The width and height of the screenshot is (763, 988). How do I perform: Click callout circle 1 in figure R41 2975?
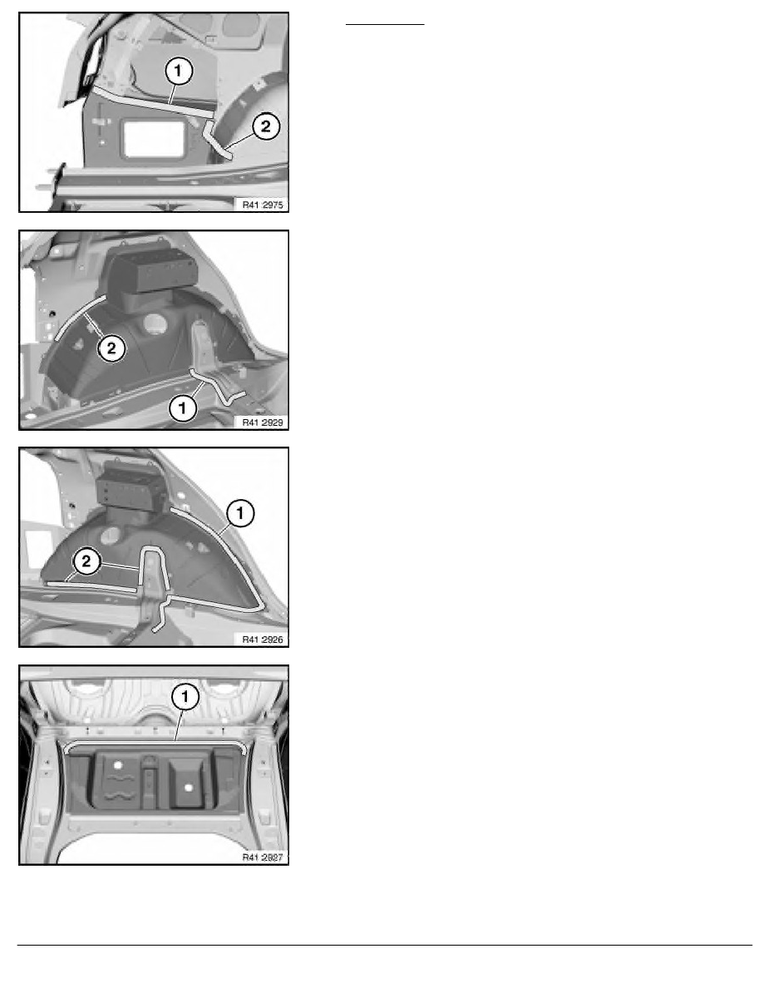tap(178, 71)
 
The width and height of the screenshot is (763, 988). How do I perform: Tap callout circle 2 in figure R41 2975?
tap(266, 126)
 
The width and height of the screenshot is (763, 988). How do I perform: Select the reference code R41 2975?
tap(263, 204)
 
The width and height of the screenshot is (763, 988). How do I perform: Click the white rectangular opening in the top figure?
tap(155, 139)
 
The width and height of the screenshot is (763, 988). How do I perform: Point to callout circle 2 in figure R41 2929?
tap(111, 348)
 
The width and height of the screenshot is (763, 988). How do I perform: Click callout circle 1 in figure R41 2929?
tap(183, 408)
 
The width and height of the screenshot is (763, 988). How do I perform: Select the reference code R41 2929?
tap(263, 422)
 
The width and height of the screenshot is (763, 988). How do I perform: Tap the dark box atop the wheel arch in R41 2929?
tap(151, 269)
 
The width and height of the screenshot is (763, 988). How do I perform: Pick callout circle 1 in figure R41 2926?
tap(240, 513)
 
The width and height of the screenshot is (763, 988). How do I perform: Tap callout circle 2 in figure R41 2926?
tap(87, 561)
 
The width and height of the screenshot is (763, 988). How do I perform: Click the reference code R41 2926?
tap(263, 639)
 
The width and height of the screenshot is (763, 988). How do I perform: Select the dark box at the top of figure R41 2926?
tap(131, 484)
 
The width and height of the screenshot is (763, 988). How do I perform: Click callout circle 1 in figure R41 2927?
tap(185, 697)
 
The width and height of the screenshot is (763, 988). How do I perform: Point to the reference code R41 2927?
tap(263, 857)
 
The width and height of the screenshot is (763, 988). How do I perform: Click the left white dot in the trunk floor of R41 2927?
tap(117, 765)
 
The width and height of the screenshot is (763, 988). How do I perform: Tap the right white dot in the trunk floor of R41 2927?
tap(188, 788)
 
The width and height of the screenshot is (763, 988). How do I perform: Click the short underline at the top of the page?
tap(385, 25)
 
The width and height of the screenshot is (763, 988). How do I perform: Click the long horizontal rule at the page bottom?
tap(385, 945)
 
